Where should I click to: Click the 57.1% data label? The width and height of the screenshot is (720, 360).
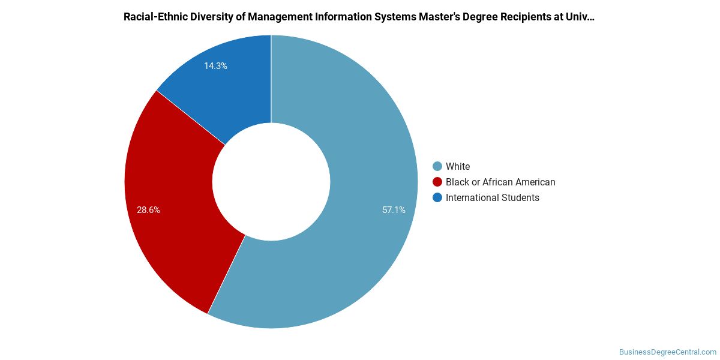[x=394, y=210]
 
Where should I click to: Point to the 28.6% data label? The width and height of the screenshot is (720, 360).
[x=148, y=210]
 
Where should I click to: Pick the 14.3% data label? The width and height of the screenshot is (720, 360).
[x=215, y=66]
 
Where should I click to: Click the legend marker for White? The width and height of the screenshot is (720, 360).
[x=437, y=166]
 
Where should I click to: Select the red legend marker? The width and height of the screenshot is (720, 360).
[x=437, y=182]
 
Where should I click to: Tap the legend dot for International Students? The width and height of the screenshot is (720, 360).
[x=437, y=197]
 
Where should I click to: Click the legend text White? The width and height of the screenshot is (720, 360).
[x=458, y=166]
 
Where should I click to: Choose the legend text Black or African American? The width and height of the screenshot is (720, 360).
[x=500, y=182]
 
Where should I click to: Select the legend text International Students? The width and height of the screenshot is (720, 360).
[x=493, y=197]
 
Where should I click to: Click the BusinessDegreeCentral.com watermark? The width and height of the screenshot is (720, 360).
[x=668, y=352]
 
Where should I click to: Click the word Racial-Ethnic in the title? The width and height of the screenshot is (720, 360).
[x=155, y=17]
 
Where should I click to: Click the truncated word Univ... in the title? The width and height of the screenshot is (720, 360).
[x=580, y=17]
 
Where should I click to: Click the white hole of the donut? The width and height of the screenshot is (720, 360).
[x=271, y=182]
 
